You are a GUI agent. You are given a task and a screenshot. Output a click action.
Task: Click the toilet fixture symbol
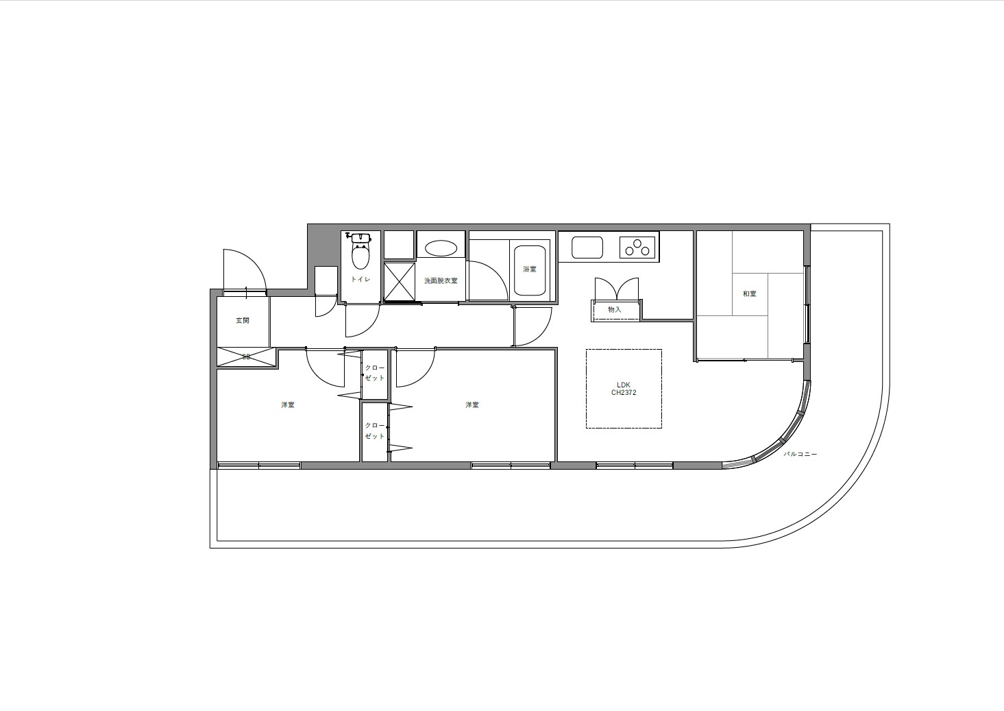pos(360,251)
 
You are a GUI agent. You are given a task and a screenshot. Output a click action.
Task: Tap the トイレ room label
pos(360,279)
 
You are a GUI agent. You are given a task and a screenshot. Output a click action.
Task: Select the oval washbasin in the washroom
pos(441,248)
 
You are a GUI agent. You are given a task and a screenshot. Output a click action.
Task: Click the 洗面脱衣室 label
pos(441,281)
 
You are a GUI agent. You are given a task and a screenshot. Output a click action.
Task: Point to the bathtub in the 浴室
pos(530,270)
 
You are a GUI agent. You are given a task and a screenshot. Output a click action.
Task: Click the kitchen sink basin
pos(587,248)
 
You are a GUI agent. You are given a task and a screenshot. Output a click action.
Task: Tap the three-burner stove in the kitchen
pos(637,248)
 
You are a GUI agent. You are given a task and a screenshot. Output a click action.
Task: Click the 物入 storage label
pos(615,310)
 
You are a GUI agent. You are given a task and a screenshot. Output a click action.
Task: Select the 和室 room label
pos(750,294)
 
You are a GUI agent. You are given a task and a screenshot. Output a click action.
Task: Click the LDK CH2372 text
pos(624,389)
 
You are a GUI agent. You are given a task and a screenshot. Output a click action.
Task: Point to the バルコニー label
pos(800,454)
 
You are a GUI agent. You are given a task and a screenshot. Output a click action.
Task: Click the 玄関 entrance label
pos(243,321)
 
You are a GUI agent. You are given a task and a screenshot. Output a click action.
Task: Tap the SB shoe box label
pos(246,357)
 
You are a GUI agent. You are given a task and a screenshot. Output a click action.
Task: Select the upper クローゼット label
pos(375,372)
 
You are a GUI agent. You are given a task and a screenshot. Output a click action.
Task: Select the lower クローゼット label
pos(375,431)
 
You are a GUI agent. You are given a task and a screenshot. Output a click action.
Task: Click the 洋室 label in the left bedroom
pos(288,405)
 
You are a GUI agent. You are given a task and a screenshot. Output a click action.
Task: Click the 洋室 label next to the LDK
pos(472,405)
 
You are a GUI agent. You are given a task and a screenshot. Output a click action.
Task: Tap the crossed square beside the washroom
pos(400,281)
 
